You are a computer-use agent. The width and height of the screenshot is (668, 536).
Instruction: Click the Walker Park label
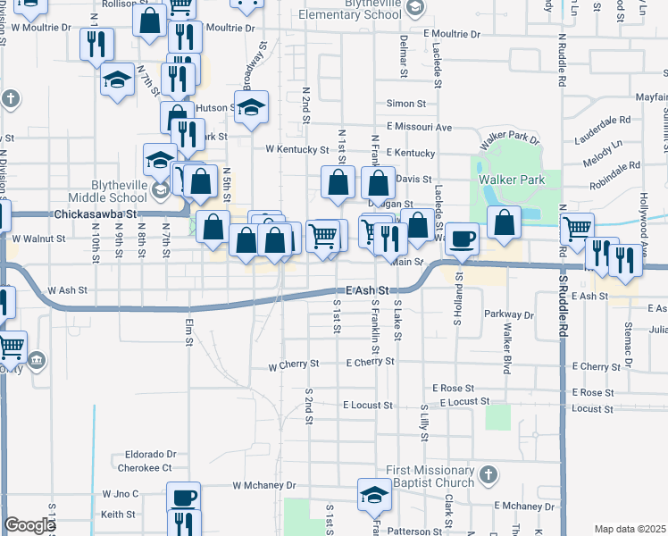[512, 180]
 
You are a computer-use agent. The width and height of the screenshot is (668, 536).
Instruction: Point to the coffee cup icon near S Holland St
[462, 239]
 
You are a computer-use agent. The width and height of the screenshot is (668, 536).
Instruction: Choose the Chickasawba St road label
[95, 215]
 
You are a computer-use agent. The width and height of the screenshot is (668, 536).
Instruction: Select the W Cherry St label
[293, 365]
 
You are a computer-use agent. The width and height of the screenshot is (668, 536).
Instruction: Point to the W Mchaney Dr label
[263, 486]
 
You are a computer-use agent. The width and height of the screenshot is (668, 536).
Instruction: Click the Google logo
[29, 526]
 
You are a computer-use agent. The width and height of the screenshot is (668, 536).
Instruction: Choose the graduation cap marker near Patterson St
[374, 495]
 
